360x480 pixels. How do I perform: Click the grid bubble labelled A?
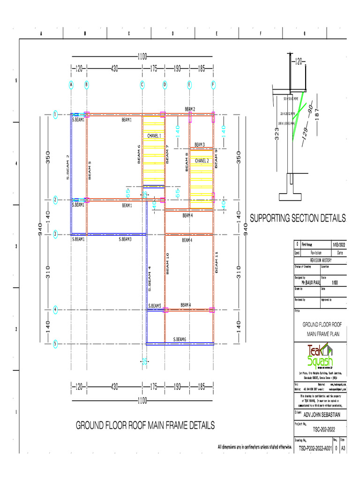point(71,85)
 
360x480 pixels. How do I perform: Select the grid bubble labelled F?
point(213,85)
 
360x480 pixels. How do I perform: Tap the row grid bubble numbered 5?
point(55,344)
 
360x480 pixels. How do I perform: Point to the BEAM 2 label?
point(190,109)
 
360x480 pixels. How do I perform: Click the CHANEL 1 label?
point(154,136)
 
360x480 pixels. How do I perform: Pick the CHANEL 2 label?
point(202,161)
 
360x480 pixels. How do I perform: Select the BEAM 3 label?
point(199,144)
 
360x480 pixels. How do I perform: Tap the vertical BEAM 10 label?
point(167,264)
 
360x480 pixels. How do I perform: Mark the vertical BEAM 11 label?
point(217,262)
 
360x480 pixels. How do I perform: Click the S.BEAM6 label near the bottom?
point(180,339)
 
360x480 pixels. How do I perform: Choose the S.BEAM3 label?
point(125,239)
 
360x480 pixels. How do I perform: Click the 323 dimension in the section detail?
point(277,136)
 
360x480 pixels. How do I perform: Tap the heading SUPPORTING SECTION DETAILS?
point(298,218)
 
